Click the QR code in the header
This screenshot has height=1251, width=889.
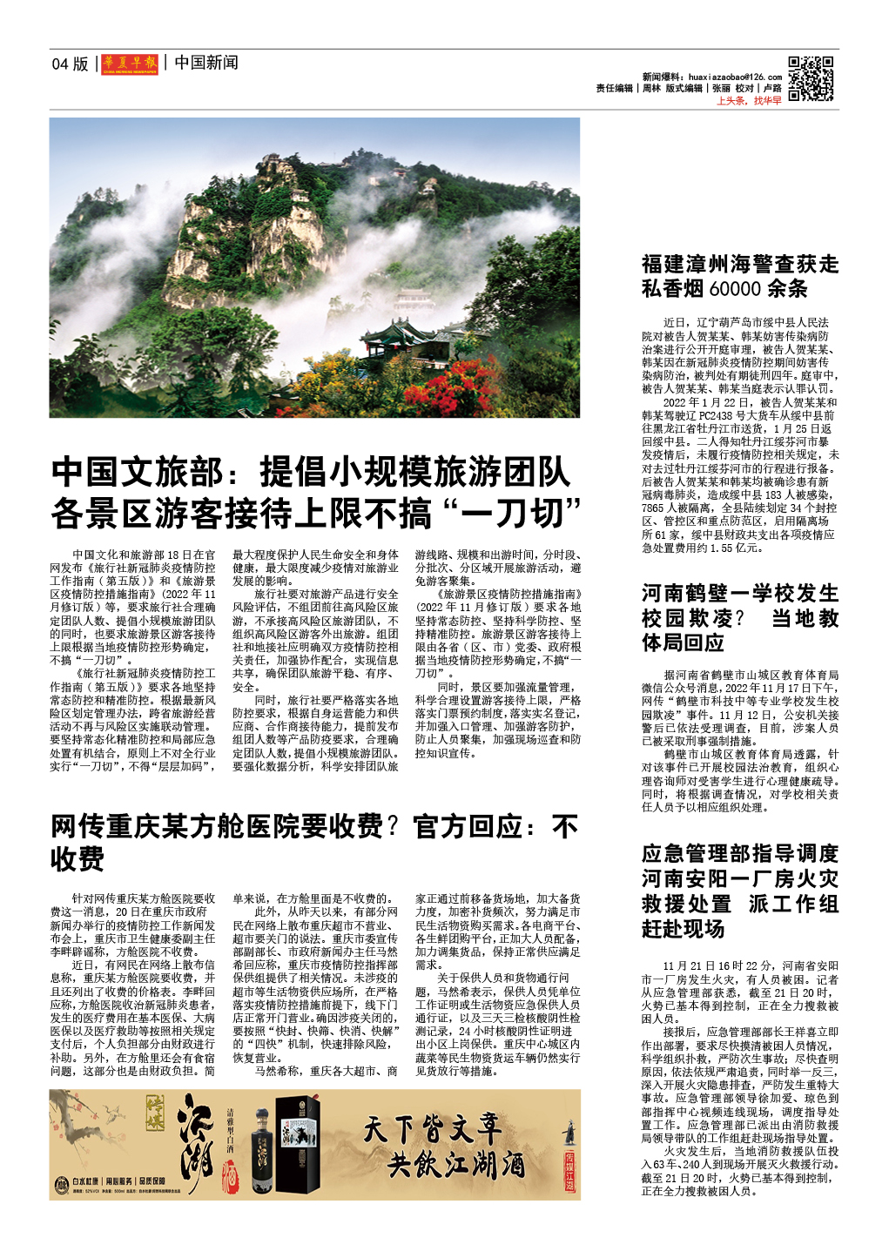[x=811, y=78]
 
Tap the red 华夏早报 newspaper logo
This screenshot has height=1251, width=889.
[x=130, y=64]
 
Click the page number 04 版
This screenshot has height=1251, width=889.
[x=71, y=64]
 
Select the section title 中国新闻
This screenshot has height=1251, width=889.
[x=205, y=63]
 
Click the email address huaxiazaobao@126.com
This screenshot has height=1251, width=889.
[x=735, y=77]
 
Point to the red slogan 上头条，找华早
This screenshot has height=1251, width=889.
[x=749, y=101]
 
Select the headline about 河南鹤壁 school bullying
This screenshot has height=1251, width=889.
[x=740, y=617]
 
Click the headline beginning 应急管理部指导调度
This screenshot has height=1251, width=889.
[x=740, y=891]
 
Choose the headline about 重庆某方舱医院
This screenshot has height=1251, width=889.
[x=313, y=842]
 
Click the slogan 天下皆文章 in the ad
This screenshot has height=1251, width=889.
[x=432, y=1129]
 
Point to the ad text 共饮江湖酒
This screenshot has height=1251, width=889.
[x=456, y=1165]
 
